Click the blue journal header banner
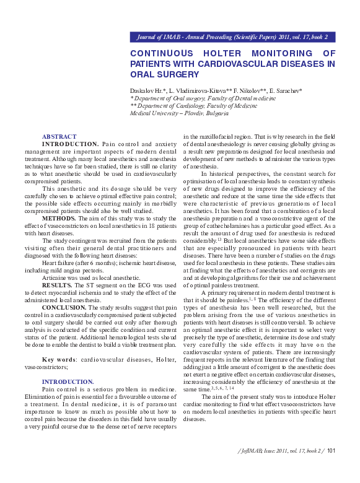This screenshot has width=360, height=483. (x=233, y=37)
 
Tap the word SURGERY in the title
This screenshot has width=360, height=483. (x=177, y=74)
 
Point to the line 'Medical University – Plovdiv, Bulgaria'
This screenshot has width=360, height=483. (x=178, y=113)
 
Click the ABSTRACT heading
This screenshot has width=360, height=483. (x=59, y=136)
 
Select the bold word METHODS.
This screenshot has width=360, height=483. (x=59, y=218)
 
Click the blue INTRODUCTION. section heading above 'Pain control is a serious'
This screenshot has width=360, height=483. (x=68, y=381)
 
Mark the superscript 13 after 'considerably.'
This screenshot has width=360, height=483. (x=219, y=238)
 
